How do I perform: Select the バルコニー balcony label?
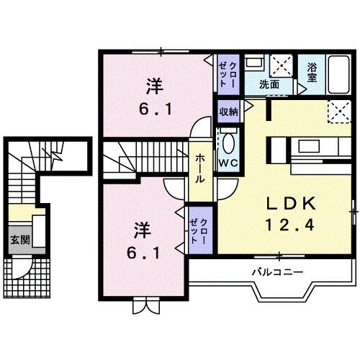coord(276,271)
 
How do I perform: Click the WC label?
coord(228,163)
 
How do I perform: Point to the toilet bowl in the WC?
coord(228,141)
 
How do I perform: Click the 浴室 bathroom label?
coord(312,72)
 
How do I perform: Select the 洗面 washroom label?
coord(270,84)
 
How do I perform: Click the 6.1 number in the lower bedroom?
coord(143,253)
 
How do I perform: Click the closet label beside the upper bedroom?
coord(228,73)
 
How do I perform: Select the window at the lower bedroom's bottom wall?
coord(145,304)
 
